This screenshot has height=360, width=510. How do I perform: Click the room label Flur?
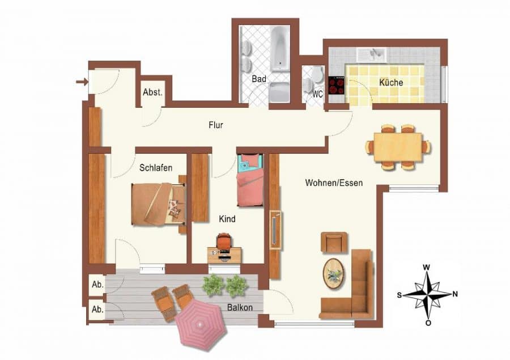point(216,125)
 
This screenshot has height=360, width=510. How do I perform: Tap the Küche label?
point(391,82)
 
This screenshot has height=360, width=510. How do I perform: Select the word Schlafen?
point(156,168)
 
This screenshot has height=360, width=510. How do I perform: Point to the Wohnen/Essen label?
point(334,183)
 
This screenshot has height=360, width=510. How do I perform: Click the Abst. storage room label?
point(152,92)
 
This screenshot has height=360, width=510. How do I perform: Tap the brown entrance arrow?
point(82,82)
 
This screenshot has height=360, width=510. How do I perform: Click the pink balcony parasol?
point(201,324)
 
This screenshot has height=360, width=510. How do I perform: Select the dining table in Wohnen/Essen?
point(398,147)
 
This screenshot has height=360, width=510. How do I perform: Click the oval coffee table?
point(334,273)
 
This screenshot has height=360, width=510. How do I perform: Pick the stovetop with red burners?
point(336,85)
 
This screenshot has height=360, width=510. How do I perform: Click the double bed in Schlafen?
point(159,204)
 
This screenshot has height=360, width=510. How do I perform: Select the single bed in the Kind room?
point(250,180)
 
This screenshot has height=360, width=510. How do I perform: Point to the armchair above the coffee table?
point(334,242)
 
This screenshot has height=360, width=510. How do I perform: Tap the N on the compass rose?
point(454,294)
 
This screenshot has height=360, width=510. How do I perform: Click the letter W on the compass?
point(426,268)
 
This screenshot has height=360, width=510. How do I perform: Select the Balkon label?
point(240,307)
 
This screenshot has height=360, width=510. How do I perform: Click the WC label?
point(317,94)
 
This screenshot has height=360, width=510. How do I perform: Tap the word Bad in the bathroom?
point(259,79)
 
